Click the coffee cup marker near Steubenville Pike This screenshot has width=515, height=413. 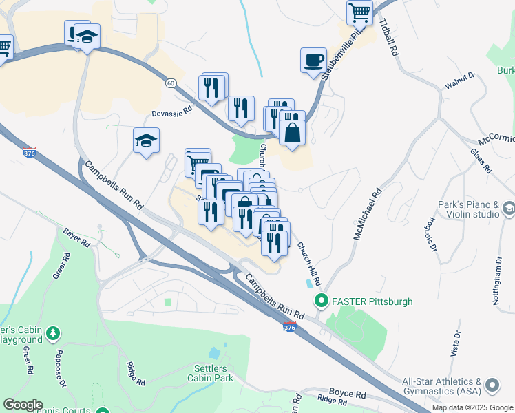point(313,60)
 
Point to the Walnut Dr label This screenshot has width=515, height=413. point(460,81)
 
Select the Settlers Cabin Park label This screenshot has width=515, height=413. point(210,372)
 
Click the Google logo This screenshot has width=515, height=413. point(23,405)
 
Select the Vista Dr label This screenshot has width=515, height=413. point(456,343)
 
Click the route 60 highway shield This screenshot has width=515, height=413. point(171,83)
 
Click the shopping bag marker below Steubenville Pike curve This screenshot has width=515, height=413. point(292,131)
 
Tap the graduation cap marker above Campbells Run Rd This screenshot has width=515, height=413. point(146,141)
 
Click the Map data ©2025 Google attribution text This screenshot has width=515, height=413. point(472,407)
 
